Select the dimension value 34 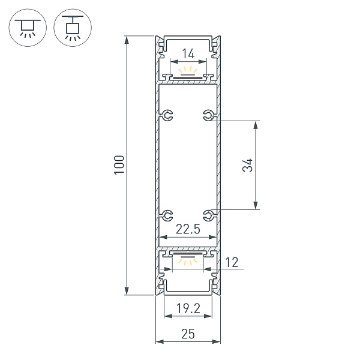pyautogui.click(x=248, y=166)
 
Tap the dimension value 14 pyautogui.click(x=188, y=54)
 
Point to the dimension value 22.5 pyautogui.click(x=188, y=229)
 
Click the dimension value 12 pyautogui.click(x=232, y=262)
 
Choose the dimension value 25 pyautogui.click(x=188, y=335)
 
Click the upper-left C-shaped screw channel pyautogui.click(x=167, y=115)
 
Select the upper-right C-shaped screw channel pyautogui.click(x=208, y=115)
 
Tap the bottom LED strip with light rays pyautogui.click(x=188, y=257)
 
